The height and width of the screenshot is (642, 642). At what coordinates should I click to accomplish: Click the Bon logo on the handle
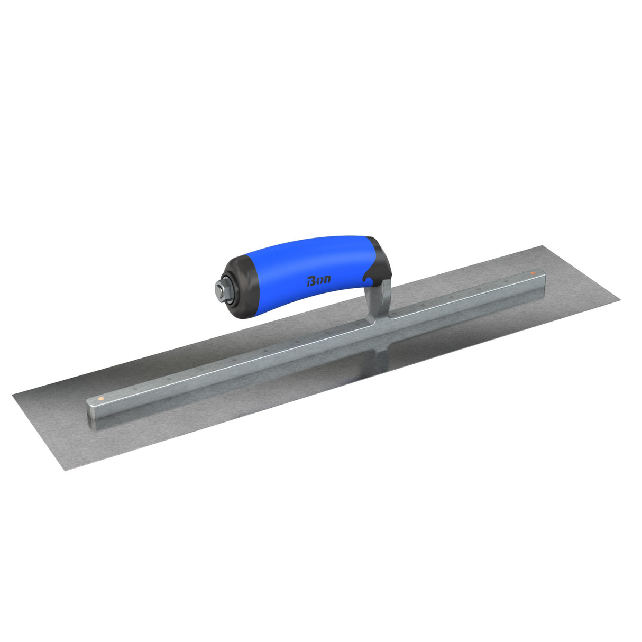click(x=319, y=280)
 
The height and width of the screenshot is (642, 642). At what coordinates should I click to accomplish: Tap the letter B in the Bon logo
click(x=311, y=281)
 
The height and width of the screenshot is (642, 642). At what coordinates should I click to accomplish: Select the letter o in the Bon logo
click(x=319, y=280)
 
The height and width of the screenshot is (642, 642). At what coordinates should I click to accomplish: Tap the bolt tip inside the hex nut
click(x=218, y=289)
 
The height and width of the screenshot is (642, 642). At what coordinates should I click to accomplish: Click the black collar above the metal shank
click(x=380, y=259)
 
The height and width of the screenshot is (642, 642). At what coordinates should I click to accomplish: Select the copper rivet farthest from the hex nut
click(x=533, y=273)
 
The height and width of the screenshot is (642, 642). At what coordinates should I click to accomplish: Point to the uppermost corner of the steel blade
click(x=540, y=246)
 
